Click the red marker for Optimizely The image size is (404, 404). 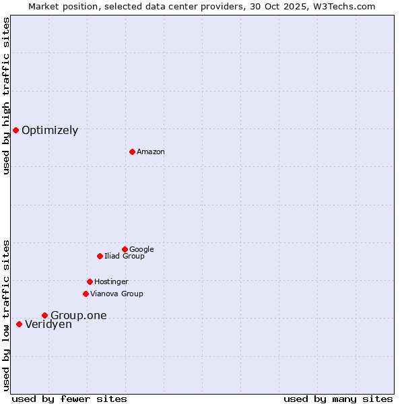pyautogui.click(x=15, y=130)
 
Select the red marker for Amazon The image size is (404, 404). pyautogui.click(x=132, y=151)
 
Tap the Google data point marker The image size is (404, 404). pyautogui.click(x=125, y=249)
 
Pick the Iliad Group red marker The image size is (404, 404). pyautogui.click(x=100, y=256)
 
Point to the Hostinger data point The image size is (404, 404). pyautogui.click(x=90, y=281)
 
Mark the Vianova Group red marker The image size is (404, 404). pyautogui.click(x=86, y=294)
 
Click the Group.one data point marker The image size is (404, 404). pyautogui.click(x=44, y=315)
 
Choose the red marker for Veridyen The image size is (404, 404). pyautogui.click(x=19, y=324)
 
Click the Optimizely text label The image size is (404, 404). pyautogui.click(x=50, y=131)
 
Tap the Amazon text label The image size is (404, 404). pyautogui.click(x=151, y=152)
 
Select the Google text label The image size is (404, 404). pyautogui.click(x=141, y=250)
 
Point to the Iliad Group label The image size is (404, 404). pyautogui.click(x=125, y=257)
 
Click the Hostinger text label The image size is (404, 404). pyautogui.click(x=111, y=282)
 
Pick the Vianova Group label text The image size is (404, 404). pyautogui.click(x=116, y=294)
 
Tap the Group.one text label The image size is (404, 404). pyautogui.click(x=79, y=316)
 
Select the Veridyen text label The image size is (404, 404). pyautogui.click(x=48, y=325)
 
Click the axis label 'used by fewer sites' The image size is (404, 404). pyautogui.click(x=69, y=399)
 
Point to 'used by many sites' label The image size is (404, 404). pyautogui.click(x=338, y=399)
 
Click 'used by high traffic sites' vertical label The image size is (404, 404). pyautogui.click(x=6, y=96)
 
